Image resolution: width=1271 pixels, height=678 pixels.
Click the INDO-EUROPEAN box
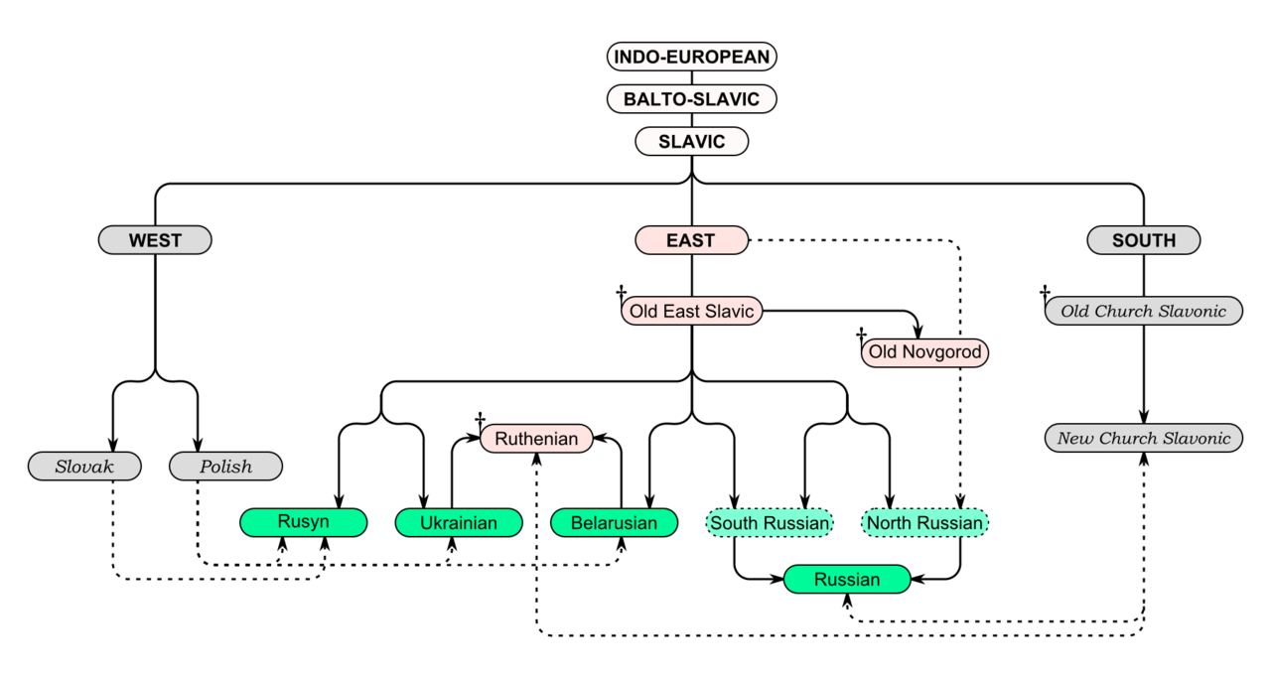[691, 57]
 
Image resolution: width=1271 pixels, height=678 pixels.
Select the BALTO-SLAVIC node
[691, 99]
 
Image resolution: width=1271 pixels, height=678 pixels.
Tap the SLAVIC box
[691, 142]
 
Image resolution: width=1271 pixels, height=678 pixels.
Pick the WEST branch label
[155, 240]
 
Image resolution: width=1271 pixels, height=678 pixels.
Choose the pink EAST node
[691, 240]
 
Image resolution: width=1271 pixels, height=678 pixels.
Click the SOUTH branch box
[1144, 240]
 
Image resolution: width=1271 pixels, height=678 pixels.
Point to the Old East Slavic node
[691, 311]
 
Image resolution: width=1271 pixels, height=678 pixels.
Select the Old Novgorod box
[924, 352]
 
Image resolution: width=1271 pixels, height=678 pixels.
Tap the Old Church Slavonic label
[1144, 311]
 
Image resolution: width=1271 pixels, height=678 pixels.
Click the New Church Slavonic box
[1144, 438]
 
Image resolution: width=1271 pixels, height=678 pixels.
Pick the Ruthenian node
[536, 439]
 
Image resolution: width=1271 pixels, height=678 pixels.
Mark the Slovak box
[84, 467]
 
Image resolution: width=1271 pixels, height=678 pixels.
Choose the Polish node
[225, 467]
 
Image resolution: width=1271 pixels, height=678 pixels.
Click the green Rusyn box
[303, 522]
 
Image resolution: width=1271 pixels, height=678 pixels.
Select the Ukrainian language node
[459, 523]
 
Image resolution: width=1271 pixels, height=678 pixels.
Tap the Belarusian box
[614, 523]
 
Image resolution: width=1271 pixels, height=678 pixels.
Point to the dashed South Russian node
[770, 523]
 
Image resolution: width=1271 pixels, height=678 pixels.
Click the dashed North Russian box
[924, 523]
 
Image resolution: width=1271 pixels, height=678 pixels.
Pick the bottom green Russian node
[847, 580]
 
